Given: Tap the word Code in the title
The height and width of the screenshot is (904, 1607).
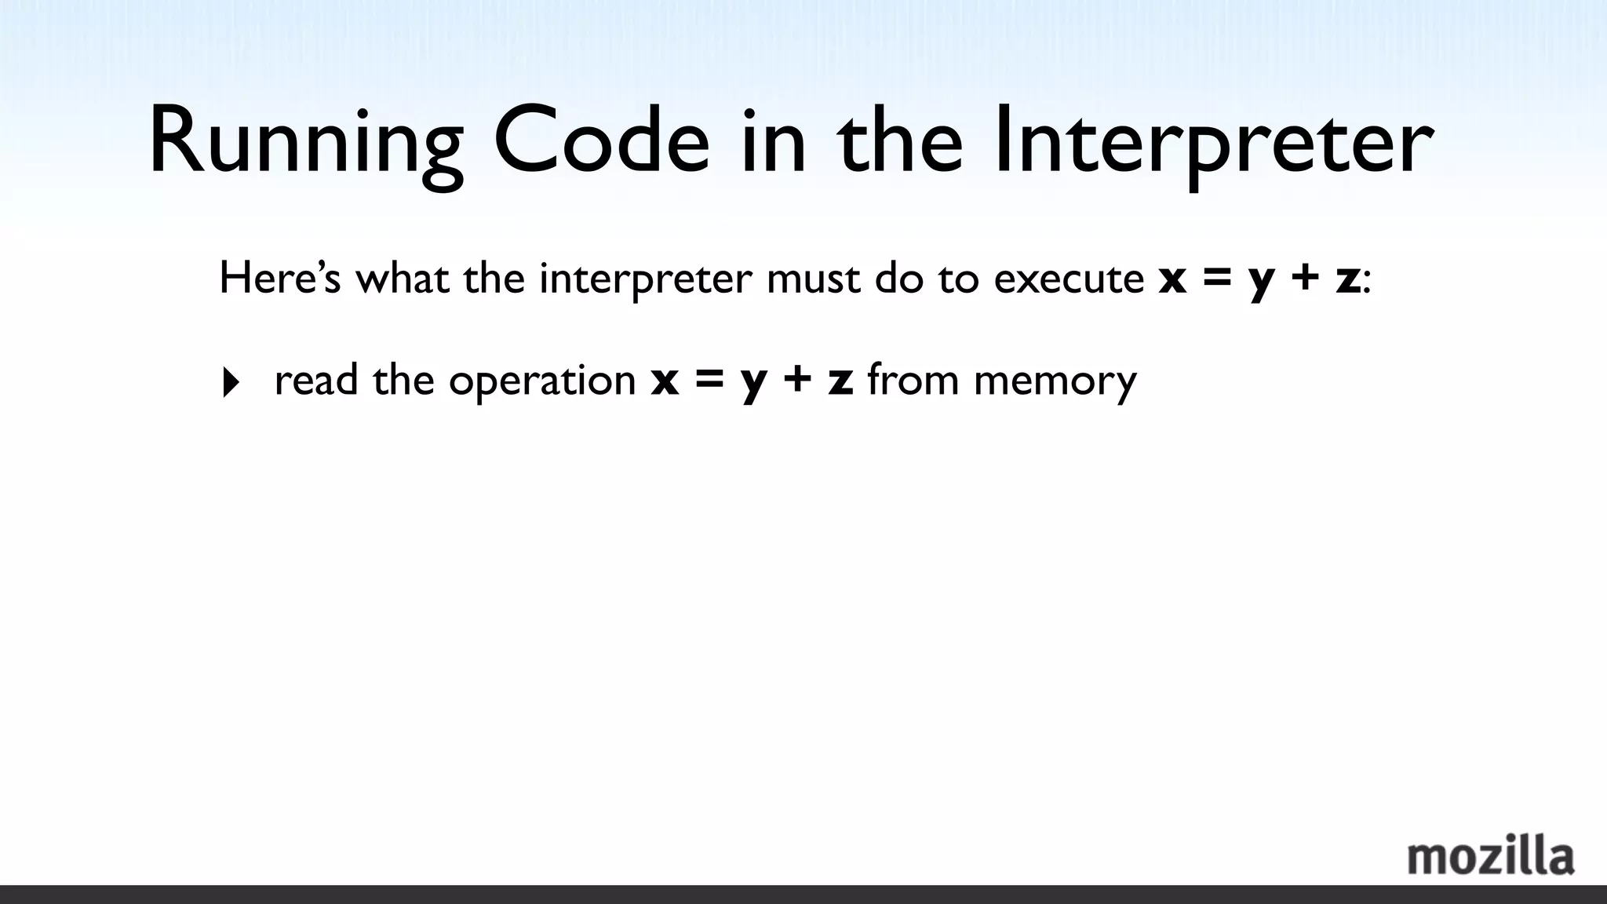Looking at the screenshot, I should click(601, 141).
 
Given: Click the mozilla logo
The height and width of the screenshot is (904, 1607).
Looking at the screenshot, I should click(1490, 857).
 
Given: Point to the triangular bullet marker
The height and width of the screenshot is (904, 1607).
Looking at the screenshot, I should click(231, 383).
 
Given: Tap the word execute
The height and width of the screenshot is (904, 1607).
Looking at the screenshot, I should click(1069, 279).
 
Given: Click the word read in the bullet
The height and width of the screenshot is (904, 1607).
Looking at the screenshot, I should click(316, 380).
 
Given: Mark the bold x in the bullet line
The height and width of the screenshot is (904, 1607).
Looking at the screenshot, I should click(665, 381).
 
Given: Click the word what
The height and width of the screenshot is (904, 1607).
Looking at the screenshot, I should click(402, 279).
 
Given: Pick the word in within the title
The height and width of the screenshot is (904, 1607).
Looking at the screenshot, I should click(773, 141).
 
